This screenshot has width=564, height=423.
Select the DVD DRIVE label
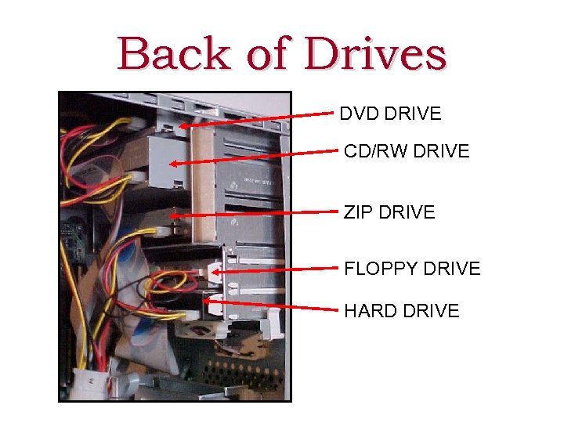pos(390,114)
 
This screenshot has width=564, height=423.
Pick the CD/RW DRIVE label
pos(407,151)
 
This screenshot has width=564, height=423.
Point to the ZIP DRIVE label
pos(389,212)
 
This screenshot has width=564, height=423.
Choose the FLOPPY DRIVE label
pos(412,269)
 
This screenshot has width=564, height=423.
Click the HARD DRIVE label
pos(401,311)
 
